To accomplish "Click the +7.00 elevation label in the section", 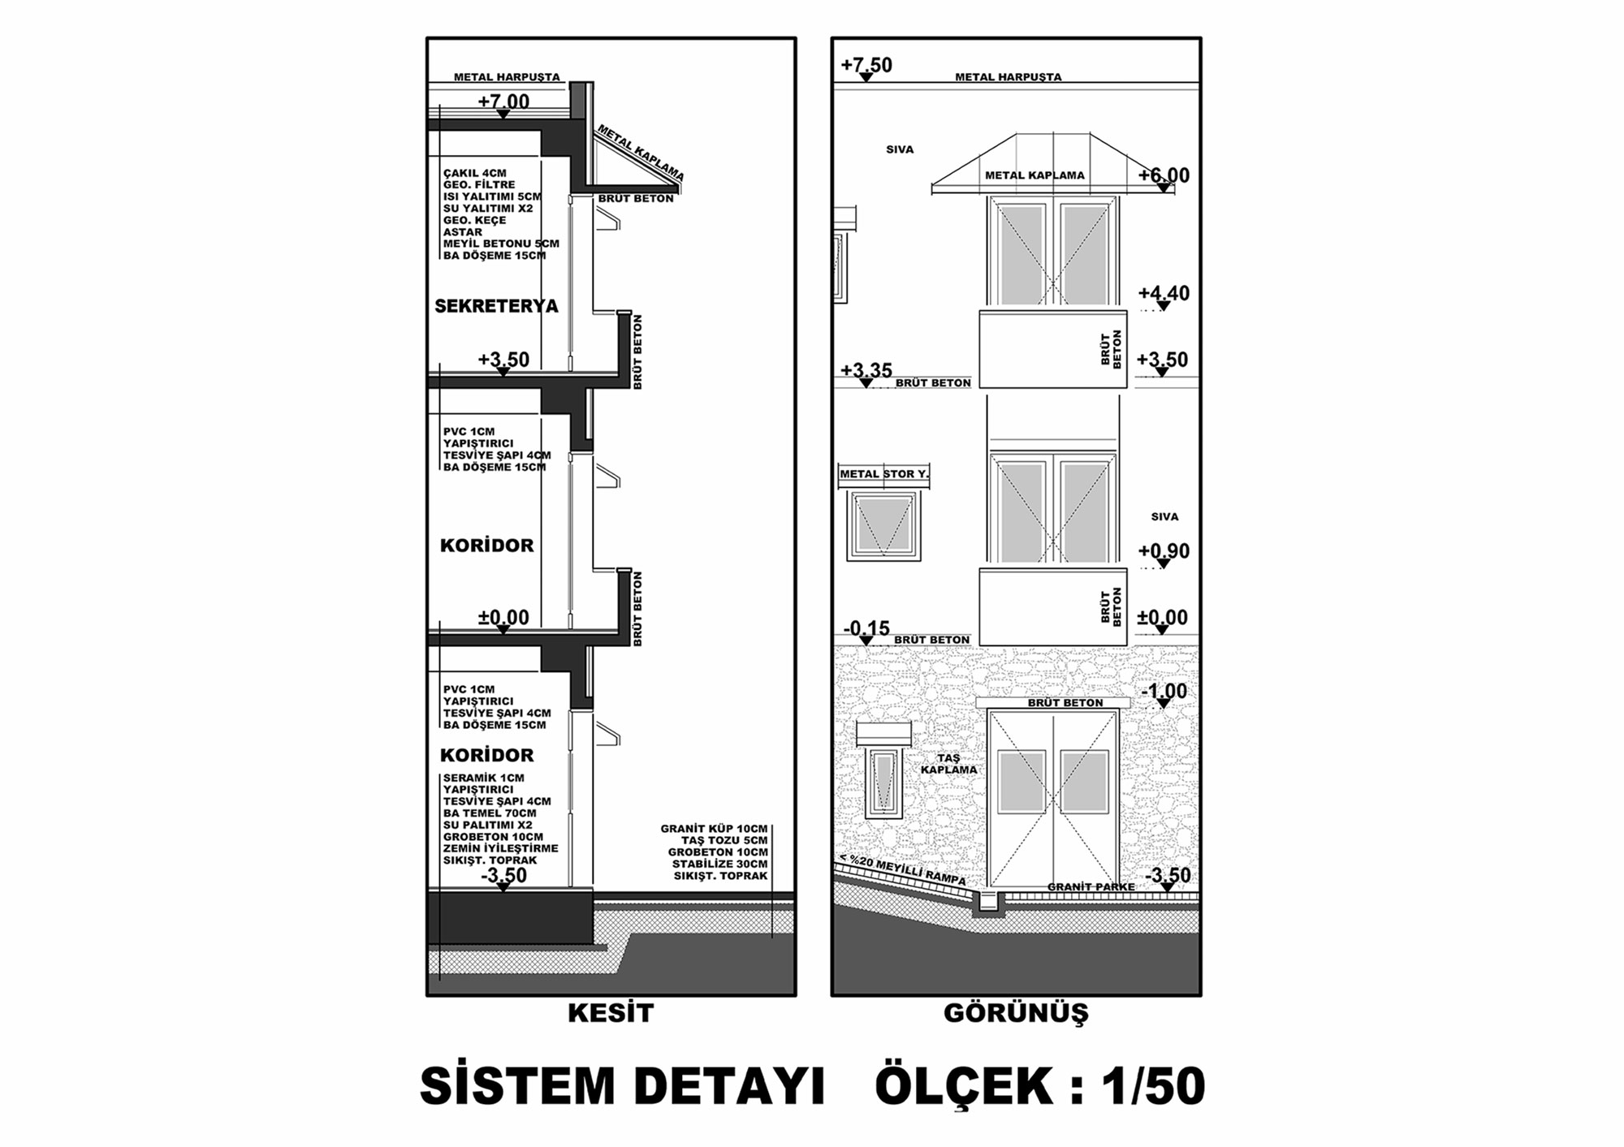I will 503,101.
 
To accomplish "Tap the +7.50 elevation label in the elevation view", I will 866,65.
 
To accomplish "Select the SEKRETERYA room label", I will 496,306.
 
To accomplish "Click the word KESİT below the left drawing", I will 611,1013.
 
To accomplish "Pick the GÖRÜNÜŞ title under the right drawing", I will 1016,1013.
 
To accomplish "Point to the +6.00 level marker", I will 1164,175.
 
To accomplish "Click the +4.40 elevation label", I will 1164,293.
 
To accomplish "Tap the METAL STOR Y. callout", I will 883,474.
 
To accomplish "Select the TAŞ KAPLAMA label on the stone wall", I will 948,764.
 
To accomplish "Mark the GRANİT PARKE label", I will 1091,886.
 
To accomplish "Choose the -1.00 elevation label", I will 1164,692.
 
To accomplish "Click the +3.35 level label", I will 866,371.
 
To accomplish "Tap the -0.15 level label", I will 866,628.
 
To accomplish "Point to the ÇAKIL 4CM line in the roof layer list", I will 475,173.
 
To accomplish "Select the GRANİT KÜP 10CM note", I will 714,829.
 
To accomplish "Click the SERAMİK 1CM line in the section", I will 483,778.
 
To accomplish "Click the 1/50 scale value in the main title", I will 1153,1086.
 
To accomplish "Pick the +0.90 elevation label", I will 1164,551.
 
